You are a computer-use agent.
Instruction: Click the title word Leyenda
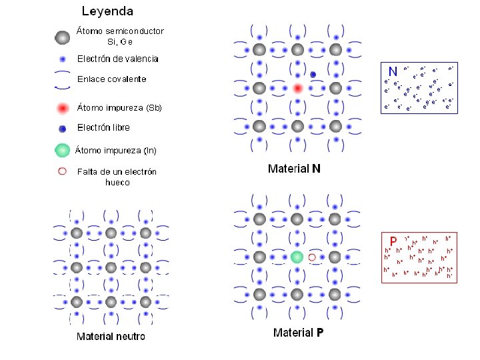(107, 11)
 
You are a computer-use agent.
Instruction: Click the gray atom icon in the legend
(62, 37)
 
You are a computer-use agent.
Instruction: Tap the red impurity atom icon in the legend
(62, 108)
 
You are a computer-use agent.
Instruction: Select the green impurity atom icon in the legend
(62, 149)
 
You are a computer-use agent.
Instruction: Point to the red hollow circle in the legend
(62, 171)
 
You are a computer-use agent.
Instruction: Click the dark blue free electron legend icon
(62, 128)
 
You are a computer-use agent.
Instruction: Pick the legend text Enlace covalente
(111, 79)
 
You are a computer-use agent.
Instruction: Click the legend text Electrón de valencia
(118, 59)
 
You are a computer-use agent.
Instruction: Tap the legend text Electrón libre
(103, 127)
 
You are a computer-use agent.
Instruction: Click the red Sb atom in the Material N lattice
(297, 88)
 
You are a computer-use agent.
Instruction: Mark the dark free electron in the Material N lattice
(313, 74)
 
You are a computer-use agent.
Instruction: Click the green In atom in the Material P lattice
(297, 257)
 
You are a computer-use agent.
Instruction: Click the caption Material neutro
(111, 336)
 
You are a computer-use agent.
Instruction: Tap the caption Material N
(294, 169)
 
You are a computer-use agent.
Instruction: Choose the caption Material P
(299, 332)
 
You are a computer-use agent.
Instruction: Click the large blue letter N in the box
(393, 71)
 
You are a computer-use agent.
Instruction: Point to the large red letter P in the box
(393, 241)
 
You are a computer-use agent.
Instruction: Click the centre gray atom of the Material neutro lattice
(111, 267)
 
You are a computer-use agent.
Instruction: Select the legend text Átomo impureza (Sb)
(119, 107)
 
